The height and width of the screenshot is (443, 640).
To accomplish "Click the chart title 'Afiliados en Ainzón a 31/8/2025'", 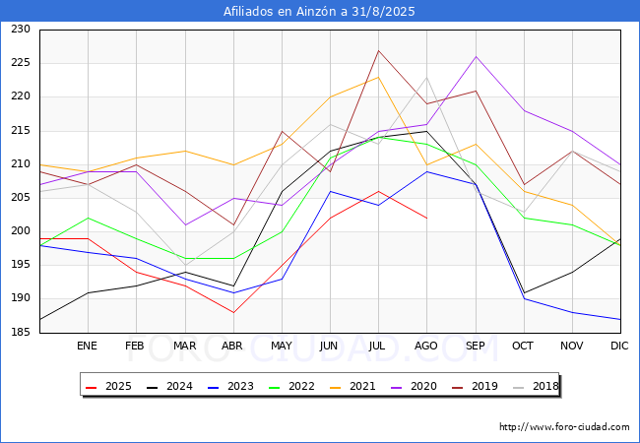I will point(320,12).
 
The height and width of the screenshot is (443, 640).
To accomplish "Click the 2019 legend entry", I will point(479,387).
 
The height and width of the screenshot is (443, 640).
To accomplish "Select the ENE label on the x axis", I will point(88,347).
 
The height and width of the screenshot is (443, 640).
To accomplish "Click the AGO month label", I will point(426,347).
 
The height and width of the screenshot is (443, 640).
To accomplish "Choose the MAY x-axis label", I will point(282,347).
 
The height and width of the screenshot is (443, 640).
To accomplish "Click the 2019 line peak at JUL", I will point(378,50).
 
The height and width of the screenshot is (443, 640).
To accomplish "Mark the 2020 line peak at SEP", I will point(476,56).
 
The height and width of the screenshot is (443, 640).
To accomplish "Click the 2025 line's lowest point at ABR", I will point(233,312).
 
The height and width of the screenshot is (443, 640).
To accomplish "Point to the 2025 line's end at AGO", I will point(426,219).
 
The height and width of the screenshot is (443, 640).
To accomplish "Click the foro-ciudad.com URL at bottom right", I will point(564,427).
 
